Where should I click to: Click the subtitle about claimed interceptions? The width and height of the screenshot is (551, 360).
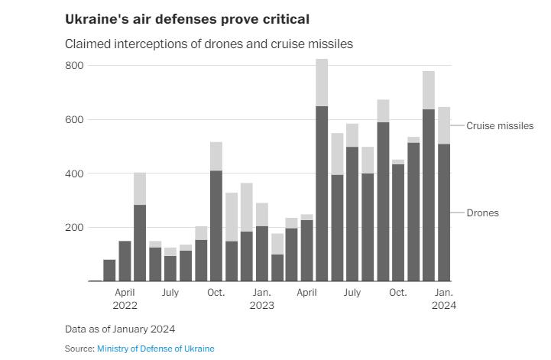pos(209,44)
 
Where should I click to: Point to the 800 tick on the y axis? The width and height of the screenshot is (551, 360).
pos(73,66)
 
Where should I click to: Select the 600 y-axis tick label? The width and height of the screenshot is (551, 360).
pos(73,120)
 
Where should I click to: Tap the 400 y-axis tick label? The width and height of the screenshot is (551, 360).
pos(73,174)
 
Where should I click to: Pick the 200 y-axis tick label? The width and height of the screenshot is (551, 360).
pos(73,228)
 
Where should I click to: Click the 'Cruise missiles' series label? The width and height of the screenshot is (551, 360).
pos(500,125)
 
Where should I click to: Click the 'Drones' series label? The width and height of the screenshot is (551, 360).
pos(482,212)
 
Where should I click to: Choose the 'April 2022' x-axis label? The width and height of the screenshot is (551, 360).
pos(125,299)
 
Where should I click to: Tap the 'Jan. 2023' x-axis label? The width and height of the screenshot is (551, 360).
pos(262,299)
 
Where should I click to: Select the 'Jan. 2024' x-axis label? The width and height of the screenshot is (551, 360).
pos(444,299)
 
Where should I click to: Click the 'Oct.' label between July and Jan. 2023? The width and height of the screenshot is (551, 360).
pos(216,293)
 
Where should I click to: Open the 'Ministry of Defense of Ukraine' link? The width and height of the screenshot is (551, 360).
pos(156,349)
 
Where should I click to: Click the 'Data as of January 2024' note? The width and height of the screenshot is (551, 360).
pos(120,329)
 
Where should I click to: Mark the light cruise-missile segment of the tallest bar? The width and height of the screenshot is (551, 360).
pos(322,83)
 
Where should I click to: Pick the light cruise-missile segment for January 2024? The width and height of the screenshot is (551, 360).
pos(444,125)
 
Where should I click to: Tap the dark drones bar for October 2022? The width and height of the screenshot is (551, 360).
pos(216,226)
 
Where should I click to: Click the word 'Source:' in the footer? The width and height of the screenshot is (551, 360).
pos(79,349)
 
